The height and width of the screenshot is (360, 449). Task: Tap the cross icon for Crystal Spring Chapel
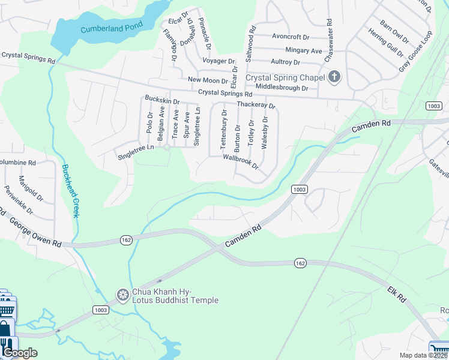[x=334, y=77]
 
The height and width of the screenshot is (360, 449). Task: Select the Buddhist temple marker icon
[x=123, y=294]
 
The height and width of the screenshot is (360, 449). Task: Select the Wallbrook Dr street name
[x=240, y=161]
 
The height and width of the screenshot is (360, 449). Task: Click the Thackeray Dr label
[x=256, y=105]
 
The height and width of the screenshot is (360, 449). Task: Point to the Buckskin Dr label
[x=161, y=100]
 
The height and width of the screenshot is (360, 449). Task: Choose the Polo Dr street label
[x=149, y=122]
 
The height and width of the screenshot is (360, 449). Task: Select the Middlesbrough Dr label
[x=282, y=88]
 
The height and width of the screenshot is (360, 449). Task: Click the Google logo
[x=19, y=353]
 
